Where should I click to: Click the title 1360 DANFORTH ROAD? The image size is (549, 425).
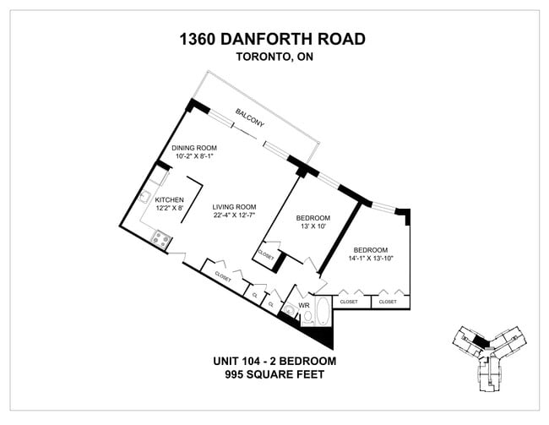pyautogui.click(x=273, y=39)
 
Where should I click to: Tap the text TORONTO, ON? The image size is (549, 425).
pyautogui.click(x=273, y=57)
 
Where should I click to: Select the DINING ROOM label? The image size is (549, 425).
pyautogui.click(x=194, y=148)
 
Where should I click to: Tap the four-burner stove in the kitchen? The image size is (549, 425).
pyautogui.click(x=158, y=238)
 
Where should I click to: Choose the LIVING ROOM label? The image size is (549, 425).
pyautogui.click(x=234, y=207)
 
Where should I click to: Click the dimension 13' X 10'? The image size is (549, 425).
pyautogui.click(x=313, y=227)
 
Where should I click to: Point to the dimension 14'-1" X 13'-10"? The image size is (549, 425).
pyautogui.click(x=370, y=259)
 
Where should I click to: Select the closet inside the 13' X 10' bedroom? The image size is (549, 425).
pyautogui.click(x=265, y=254)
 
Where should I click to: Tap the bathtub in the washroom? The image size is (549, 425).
pyautogui.click(x=323, y=310)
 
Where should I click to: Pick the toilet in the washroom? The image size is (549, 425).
pyautogui.click(x=307, y=318)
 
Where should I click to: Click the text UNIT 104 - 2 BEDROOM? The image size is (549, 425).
pyautogui.click(x=274, y=361)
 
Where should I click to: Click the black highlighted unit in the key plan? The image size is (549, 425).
pyautogui.click(x=481, y=341)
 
